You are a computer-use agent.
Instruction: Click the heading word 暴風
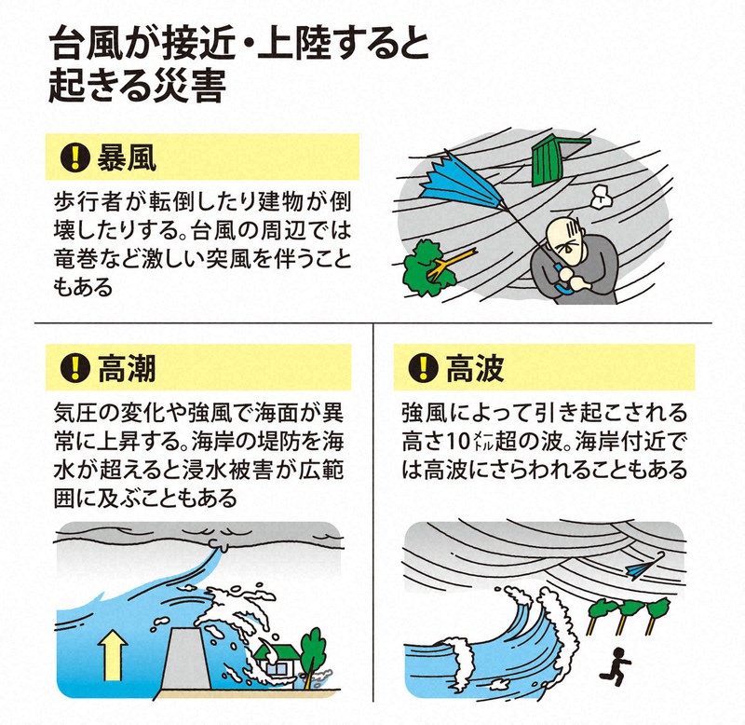[x=127, y=157]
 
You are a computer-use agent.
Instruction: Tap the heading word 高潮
[x=127, y=368]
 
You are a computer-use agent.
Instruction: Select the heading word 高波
[x=475, y=368]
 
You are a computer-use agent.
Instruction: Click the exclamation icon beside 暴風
[x=75, y=157]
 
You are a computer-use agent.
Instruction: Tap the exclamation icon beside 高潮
[x=75, y=368]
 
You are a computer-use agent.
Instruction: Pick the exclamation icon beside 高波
[x=423, y=368]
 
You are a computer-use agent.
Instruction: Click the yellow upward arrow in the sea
[x=113, y=654]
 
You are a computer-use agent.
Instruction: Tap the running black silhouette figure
[x=616, y=666]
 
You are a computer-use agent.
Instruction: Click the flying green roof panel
[x=556, y=159]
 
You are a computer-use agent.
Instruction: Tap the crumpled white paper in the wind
[x=601, y=196]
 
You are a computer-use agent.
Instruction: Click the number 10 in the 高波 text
[x=458, y=442]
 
